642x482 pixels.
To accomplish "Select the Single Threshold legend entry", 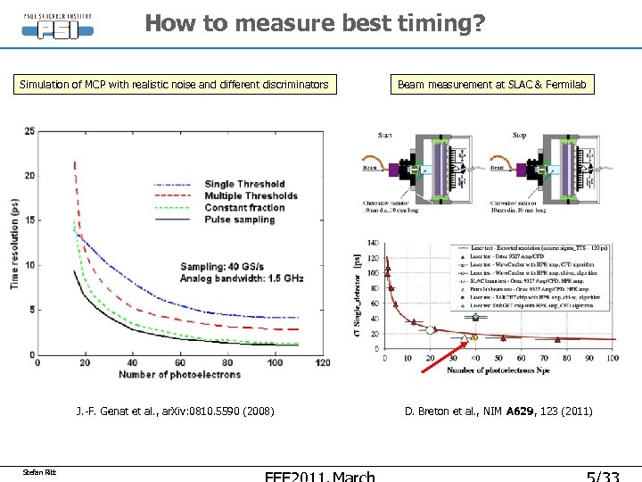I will [x=244, y=184].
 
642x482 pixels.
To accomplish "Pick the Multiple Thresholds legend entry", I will [x=251, y=195].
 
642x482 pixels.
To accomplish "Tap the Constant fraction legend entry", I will [x=244, y=207].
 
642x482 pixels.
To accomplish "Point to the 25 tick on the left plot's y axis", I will [x=29, y=131].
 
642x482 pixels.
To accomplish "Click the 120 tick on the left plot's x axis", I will [x=322, y=361].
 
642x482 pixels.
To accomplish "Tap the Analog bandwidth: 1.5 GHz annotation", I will [x=242, y=278].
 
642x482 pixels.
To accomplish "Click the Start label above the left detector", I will [x=385, y=136].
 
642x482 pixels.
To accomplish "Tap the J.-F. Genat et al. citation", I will [x=175, y=411].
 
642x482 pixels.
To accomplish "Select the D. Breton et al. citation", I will [x=498, y=411].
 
